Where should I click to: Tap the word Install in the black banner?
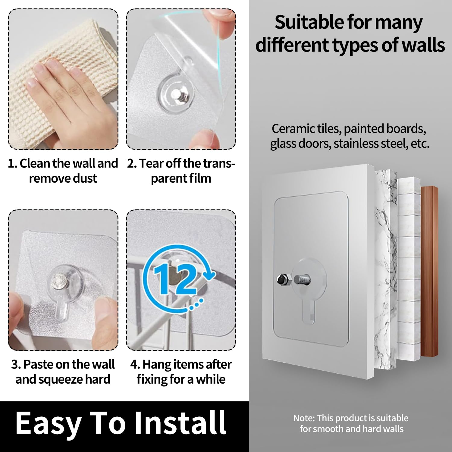coord(180,422)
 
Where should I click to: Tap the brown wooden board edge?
coord(429,271)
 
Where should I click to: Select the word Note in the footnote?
coord(303,418)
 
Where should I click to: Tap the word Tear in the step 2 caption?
coord(151,164)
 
